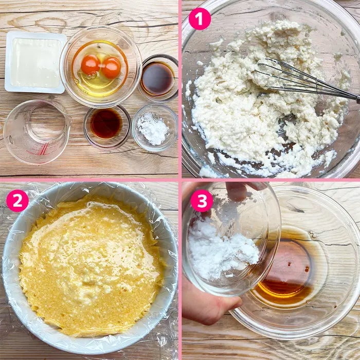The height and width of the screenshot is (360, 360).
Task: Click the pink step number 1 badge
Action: pos(200,19)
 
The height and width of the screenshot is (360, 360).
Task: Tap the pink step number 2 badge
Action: pos(17,201)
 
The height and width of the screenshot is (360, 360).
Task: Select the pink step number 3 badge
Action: pos(202,201)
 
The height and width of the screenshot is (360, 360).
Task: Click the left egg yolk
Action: pos(91,64)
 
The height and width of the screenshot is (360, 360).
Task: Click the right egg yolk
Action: pos(112,68)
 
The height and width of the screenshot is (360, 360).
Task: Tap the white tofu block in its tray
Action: pos(35,62)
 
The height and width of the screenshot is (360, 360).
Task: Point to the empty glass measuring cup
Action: pos(37,132)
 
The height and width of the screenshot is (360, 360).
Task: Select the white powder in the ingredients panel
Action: pos(153,129)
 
